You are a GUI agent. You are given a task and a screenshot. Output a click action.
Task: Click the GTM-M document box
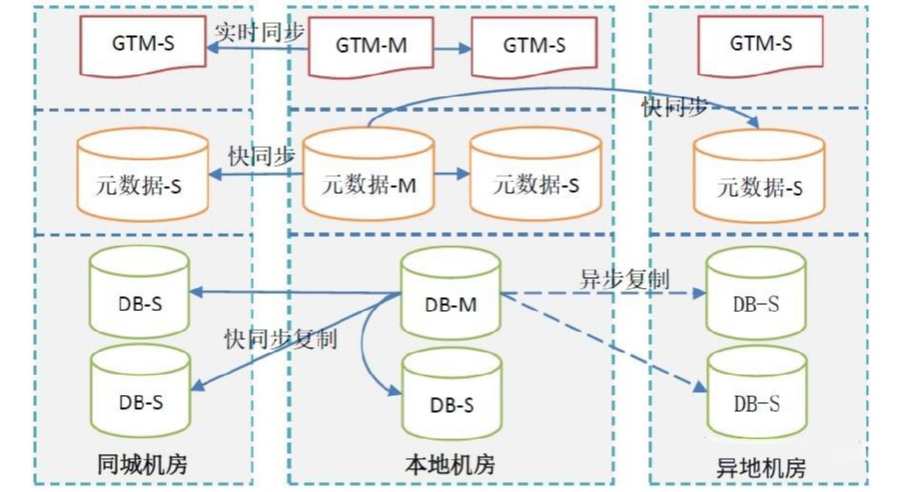[370, 45]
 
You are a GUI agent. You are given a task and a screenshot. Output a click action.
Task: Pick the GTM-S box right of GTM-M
[533, 45]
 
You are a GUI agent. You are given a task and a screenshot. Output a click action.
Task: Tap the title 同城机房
[142, 465]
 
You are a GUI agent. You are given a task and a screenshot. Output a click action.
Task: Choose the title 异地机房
[761, 467]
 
